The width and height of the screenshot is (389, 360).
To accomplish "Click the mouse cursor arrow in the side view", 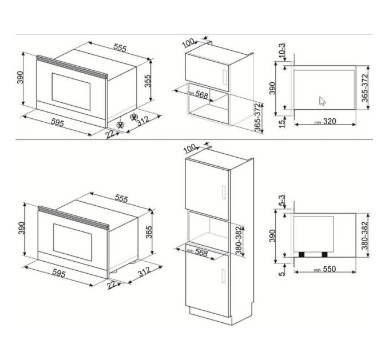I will click(x=322, y=101).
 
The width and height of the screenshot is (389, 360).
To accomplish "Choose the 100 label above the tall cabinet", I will click(x=190, y=149).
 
